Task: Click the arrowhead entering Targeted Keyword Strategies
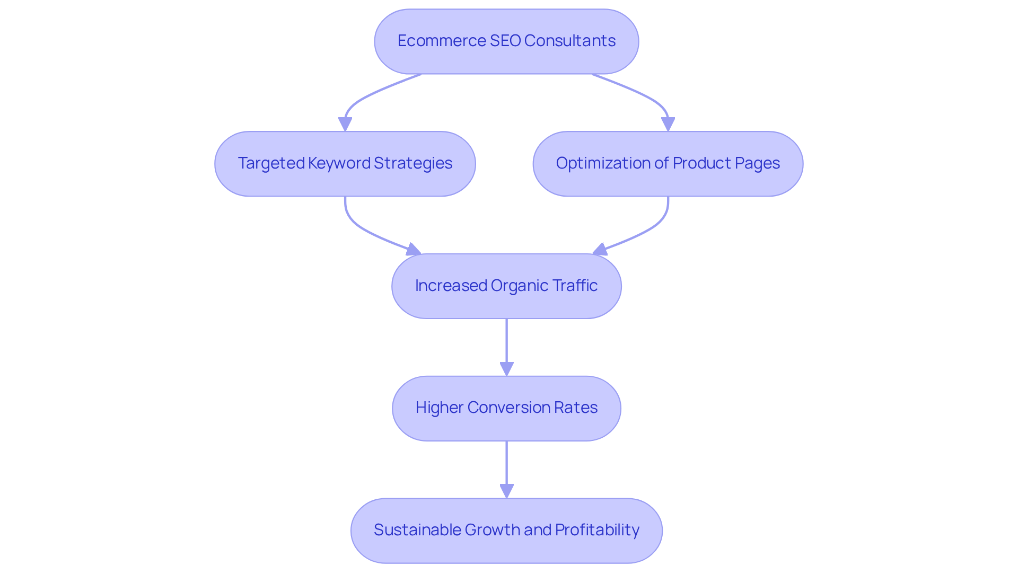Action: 345,125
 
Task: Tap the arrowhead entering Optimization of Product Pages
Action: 668,125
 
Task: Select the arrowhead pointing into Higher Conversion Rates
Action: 506,369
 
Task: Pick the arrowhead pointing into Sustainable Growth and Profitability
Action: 506,491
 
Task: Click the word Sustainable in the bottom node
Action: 417,530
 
